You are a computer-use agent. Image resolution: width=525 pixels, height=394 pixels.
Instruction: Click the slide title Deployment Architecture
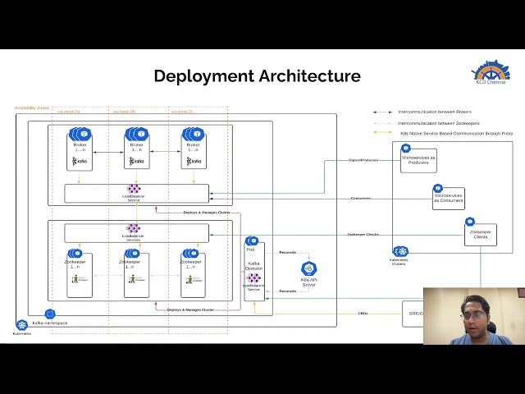pos(257,76)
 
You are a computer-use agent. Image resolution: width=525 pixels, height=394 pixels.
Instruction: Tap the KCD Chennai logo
pos(491,72)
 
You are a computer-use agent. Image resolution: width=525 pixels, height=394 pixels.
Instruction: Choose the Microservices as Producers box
pos(418,159)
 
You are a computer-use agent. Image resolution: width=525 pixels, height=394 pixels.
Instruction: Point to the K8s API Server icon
pos(309,271)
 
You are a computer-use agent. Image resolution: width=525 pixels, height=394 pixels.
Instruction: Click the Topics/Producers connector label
pos(363,160)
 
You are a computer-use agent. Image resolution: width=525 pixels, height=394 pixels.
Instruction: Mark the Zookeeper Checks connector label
pos(363,234)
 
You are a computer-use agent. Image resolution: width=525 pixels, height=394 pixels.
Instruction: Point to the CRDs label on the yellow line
pos(363,313)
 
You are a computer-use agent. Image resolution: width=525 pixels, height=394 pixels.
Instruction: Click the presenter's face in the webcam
pos(472,313)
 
